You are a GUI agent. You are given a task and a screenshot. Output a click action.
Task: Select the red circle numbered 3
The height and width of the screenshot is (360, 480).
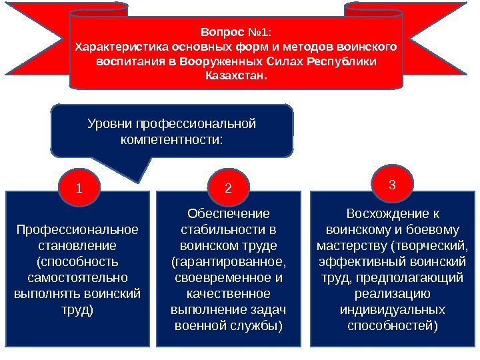(393, 183)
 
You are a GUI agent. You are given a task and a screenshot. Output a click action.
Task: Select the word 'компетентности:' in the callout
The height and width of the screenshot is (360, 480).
(172, 140)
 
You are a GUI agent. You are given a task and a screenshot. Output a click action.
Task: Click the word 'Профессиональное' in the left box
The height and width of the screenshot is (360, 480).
(77, 230)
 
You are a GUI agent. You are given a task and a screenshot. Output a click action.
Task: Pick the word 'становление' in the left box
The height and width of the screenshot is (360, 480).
(77, 245)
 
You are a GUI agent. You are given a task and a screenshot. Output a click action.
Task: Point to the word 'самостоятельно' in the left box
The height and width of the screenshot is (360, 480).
(77, 276)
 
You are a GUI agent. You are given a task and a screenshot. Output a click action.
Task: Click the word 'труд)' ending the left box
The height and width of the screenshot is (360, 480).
(77, 309)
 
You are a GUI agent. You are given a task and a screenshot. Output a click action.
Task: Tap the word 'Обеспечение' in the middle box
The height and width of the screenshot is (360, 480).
(229, 214)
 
